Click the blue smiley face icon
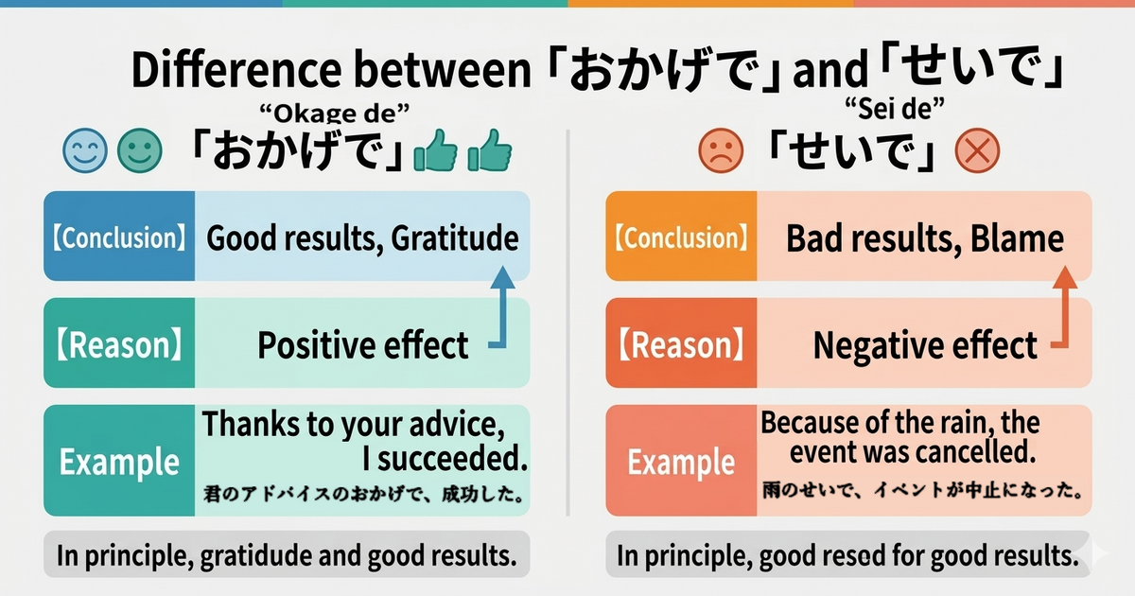tap(83, 152)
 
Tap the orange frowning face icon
tap(720, 152)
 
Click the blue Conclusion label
tap(118, 237)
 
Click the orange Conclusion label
tap(681, 237)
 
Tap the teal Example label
tap(118, 461)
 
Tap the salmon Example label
tap(681, 461)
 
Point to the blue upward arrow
tap(502, 307)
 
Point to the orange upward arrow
tap(1063, 307)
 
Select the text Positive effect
tap(362, 345)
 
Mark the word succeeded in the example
tap(444, 460)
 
